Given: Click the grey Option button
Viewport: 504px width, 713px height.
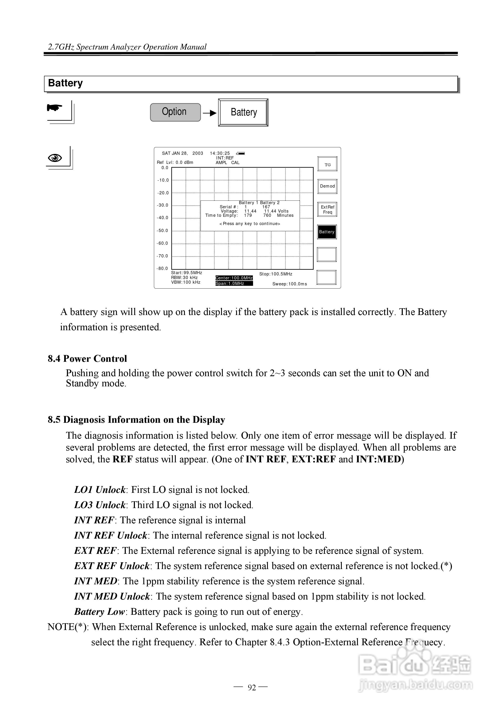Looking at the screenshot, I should tap(175, 112).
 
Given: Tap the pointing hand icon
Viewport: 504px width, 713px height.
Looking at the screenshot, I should tap(55, 108).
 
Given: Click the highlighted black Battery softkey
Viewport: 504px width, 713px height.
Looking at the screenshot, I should tap(327, 232).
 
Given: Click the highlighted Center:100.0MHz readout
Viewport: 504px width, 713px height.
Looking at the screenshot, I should tap(234, 278).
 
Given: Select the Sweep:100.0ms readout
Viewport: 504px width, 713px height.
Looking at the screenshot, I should tap(290, 284).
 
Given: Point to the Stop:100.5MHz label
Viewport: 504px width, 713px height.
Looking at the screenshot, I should tap(276, 274).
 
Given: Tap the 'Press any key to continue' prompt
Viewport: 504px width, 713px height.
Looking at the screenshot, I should tap(250, 224).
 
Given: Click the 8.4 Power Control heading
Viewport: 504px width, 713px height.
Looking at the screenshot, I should tap(87, 359).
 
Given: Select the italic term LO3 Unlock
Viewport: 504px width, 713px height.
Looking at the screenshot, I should tap(100, 505).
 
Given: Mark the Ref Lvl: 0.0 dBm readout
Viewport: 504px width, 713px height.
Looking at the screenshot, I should tap(175, 162).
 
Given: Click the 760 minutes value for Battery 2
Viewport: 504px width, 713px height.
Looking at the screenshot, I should tap(267, 215).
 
